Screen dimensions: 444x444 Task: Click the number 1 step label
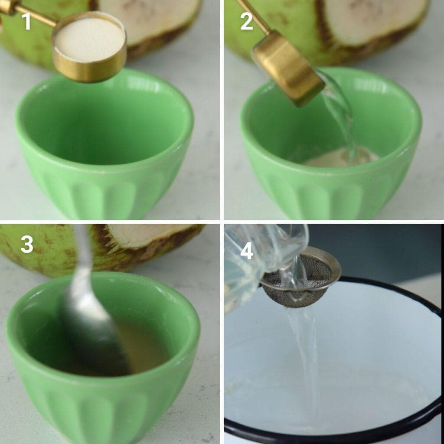27,21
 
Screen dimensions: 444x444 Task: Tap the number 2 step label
246,21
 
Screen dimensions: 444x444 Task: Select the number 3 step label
27,245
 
